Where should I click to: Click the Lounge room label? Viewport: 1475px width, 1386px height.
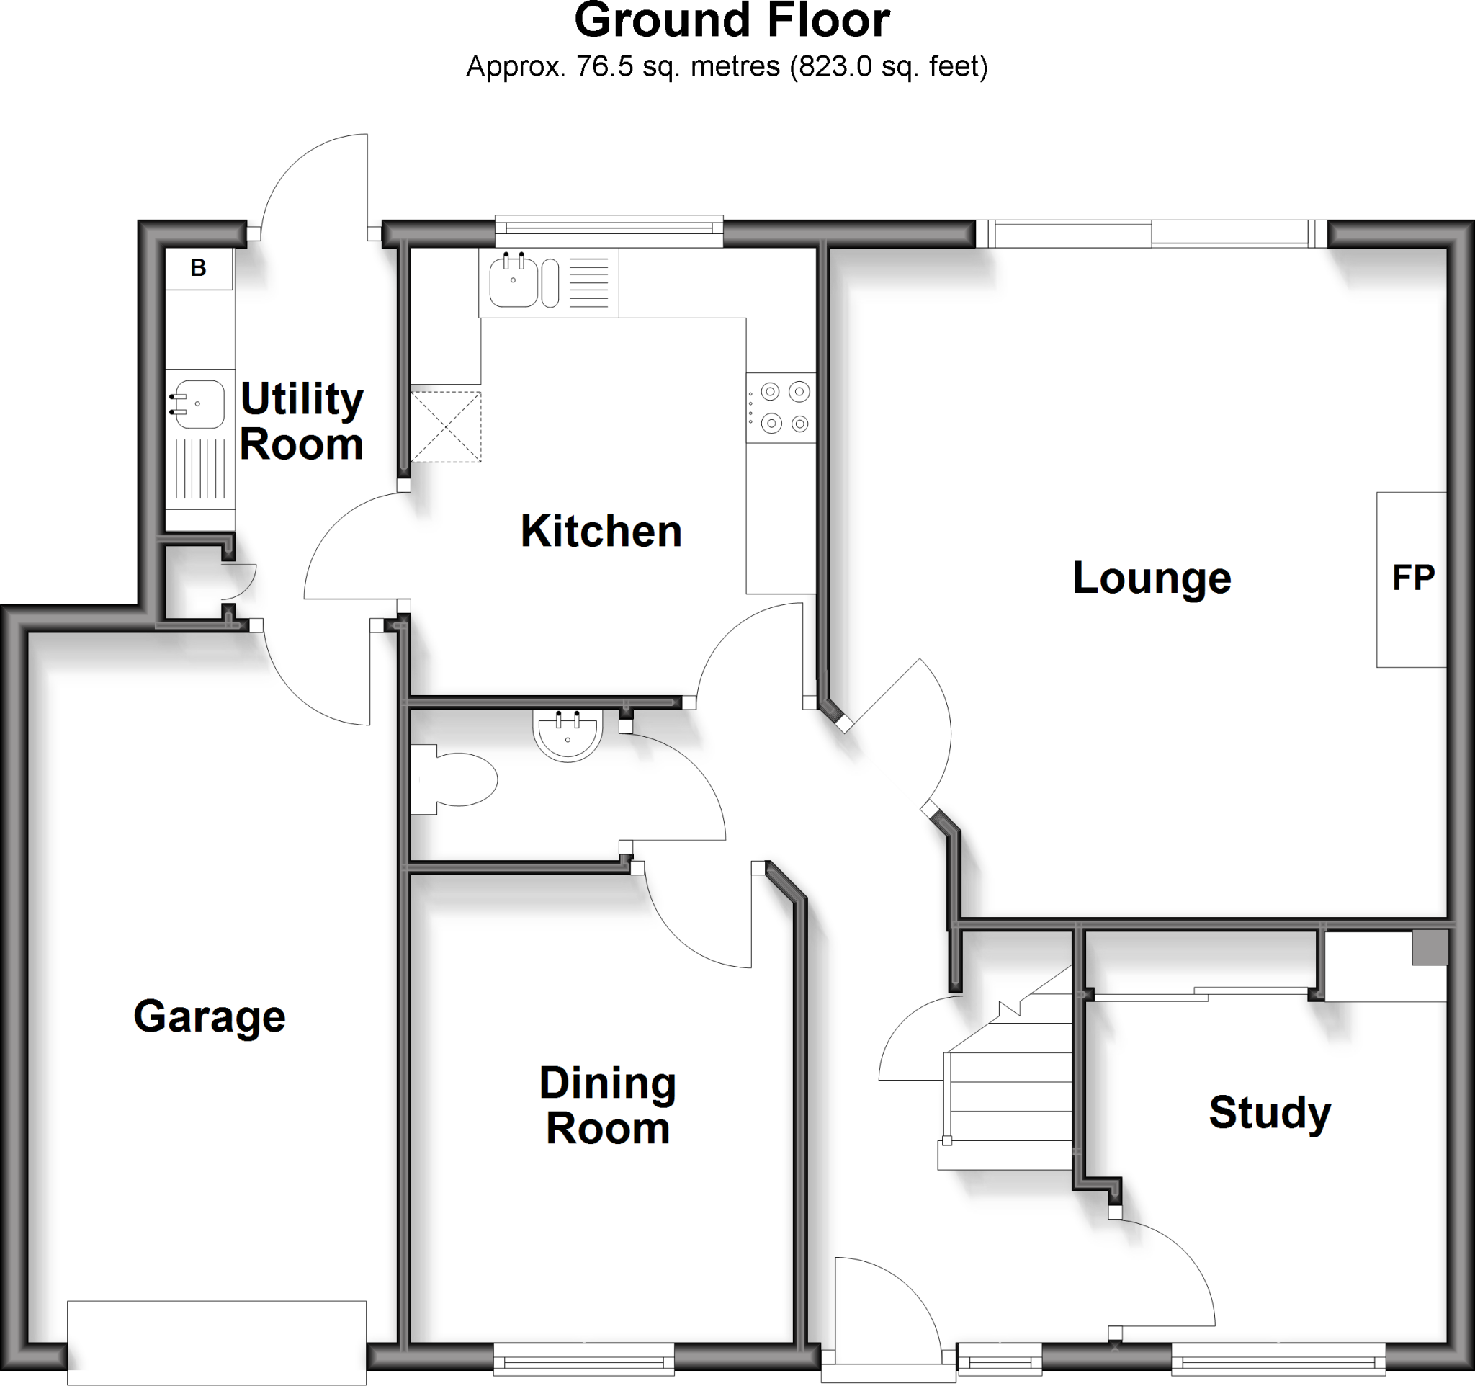click(x=1152, y=578)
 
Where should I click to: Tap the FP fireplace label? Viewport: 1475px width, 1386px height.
click(x=1412, y=578)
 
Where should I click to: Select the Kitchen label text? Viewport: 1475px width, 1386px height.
click(x=601, y=531)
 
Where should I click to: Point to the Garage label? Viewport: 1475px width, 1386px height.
click(x=210, y=1016)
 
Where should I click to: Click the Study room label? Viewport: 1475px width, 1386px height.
click(x=1270, y=1113)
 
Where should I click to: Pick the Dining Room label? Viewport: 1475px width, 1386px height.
click(x=608, y=1106)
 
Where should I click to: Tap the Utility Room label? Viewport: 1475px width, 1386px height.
click(x=302, y=421)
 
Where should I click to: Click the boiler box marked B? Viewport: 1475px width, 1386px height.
click(x=198, y=268)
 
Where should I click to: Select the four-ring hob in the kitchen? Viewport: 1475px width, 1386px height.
click(x=783, y=407)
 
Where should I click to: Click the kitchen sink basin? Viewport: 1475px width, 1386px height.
click(x=513, y=281)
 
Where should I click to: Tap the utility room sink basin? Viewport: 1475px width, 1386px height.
click(x=199, y=404)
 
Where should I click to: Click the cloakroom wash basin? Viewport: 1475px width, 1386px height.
click(x=568, y=735)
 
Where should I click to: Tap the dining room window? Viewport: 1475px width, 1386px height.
click(x=584, y=1362)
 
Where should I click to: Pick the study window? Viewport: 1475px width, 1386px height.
click(x=1278, y=1362)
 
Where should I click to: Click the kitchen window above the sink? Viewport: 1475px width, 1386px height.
click(x=609, y=231)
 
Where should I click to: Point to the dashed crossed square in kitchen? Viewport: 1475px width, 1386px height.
click(x=446, y=427)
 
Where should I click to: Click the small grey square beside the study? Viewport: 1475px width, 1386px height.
click(x=1430, y=948)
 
